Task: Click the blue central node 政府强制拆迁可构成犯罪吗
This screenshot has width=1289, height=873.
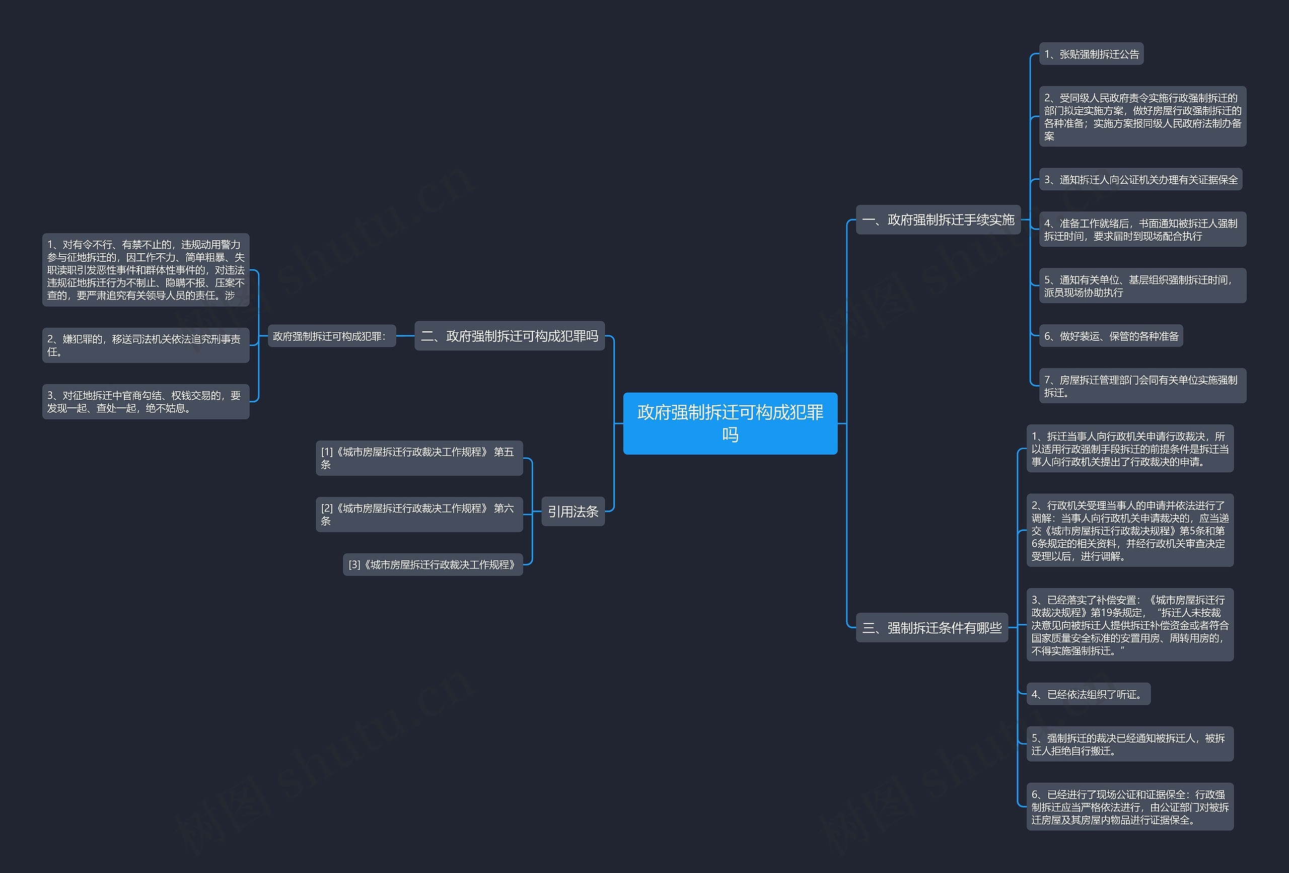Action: [x=730, y=423]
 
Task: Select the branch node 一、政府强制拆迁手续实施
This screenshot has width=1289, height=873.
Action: [x=938, y=220]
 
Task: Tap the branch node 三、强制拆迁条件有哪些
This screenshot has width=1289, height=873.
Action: [x=932, y=628]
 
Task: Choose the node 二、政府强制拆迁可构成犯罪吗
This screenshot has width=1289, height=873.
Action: [x=509, y=335]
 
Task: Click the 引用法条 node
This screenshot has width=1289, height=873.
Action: [x=573, y=512]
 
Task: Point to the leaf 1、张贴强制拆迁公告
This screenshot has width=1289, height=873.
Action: [x=1091, y=54]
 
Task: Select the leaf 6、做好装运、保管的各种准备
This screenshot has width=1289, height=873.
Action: [x=1111, y=336]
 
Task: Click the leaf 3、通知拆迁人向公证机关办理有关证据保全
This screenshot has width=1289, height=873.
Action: [x=1140, y=180]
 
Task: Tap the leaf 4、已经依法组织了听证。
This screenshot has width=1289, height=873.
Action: [x=1088, y=694]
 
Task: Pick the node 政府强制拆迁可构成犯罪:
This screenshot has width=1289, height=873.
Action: [x=332, y=336]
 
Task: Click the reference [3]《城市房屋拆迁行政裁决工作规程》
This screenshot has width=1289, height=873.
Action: [x=433, y=564]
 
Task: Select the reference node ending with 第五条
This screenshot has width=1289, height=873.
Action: [x=419, y=458]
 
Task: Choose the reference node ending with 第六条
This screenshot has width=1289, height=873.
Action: [x=419, y=514]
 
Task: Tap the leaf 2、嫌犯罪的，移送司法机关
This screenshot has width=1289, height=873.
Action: [x=146, y=345]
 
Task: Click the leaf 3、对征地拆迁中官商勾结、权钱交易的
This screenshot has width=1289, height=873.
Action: [x=146, y=402]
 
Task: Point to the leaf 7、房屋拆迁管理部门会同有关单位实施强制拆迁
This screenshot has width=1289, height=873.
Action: [x=1142, y=386]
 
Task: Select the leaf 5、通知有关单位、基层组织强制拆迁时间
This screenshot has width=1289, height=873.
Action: [x=1142, y=285]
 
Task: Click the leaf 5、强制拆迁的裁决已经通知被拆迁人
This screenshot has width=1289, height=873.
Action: [x=1130, y=744]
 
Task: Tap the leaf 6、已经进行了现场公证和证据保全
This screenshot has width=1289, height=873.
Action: [x=1130, y=807]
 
